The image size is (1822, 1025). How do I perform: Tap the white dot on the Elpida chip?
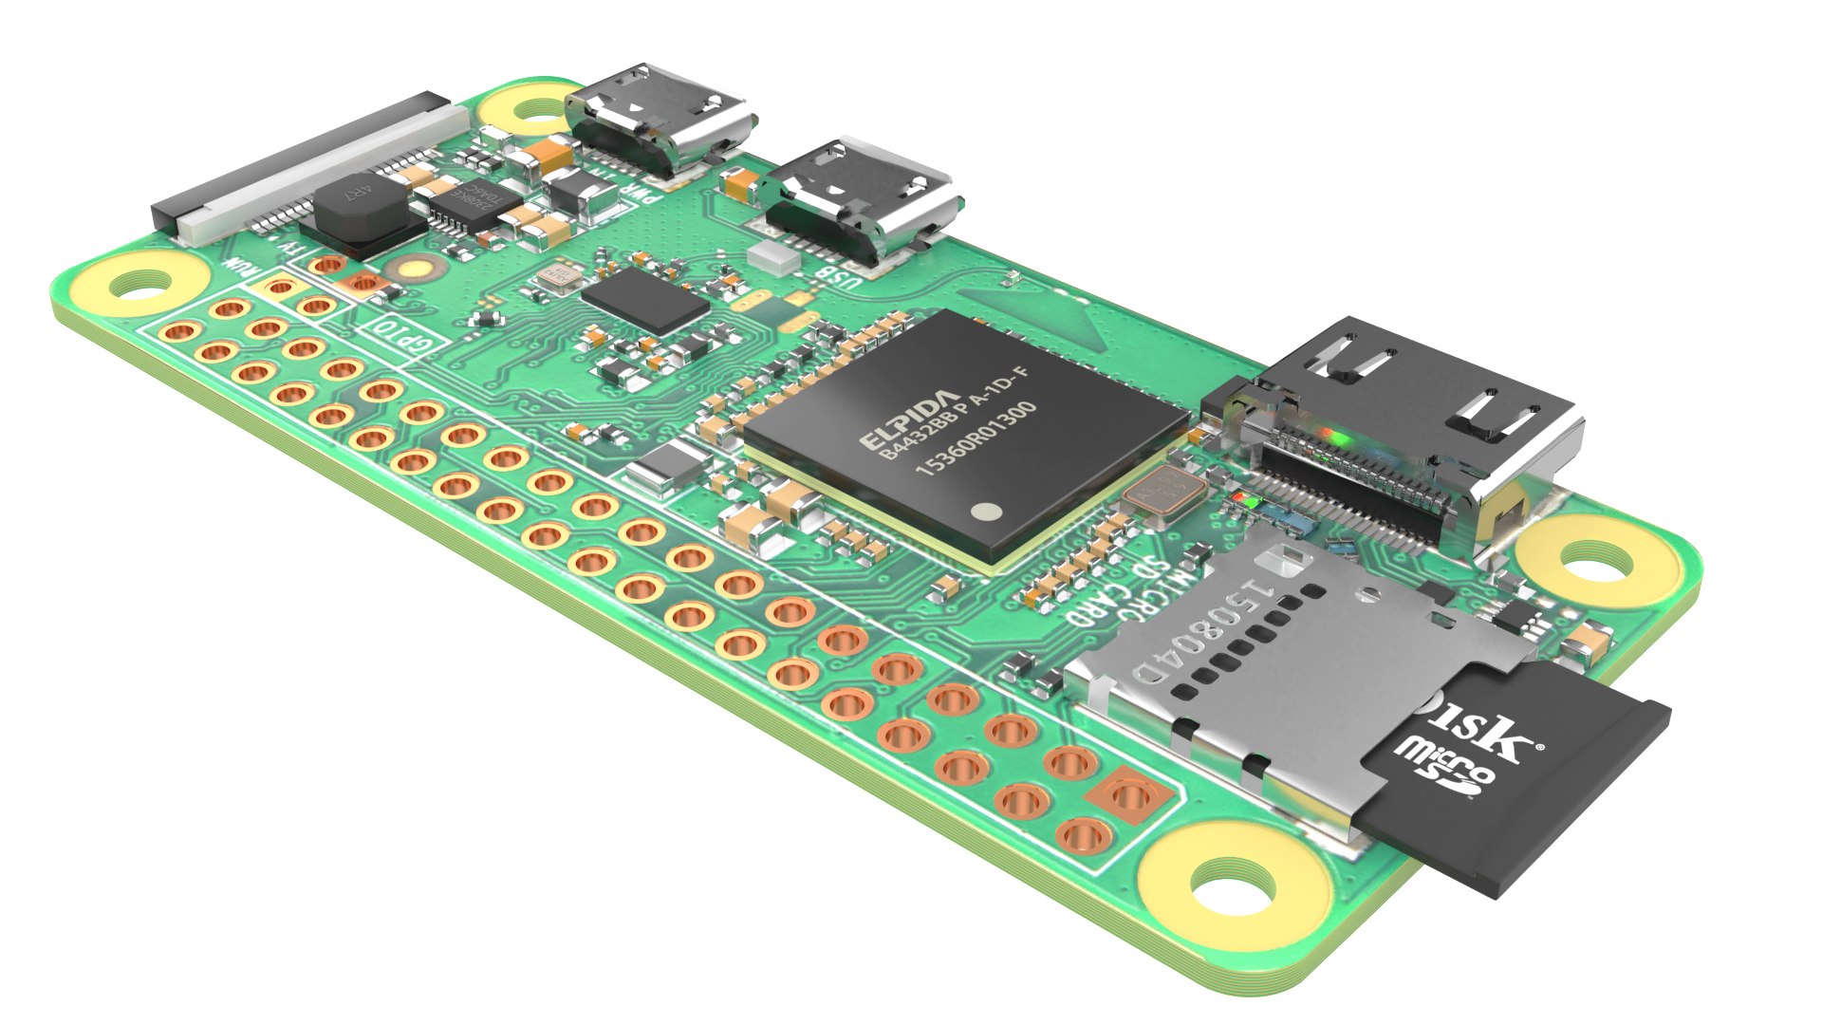point(988,512)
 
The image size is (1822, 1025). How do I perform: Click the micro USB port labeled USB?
point(859,199)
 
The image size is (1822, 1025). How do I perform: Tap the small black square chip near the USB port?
point(645,298)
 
